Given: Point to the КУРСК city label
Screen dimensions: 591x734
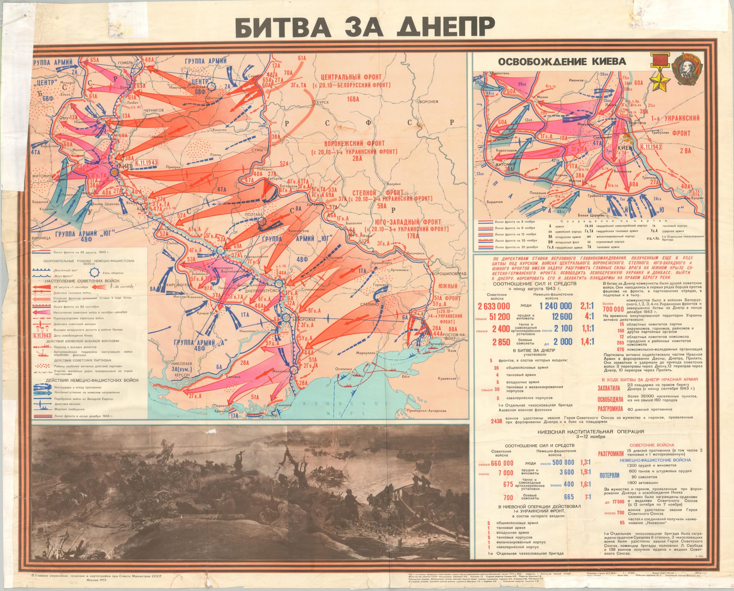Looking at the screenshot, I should [323, 102].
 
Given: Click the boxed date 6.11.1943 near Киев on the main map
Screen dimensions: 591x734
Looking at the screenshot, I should [146, 163].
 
